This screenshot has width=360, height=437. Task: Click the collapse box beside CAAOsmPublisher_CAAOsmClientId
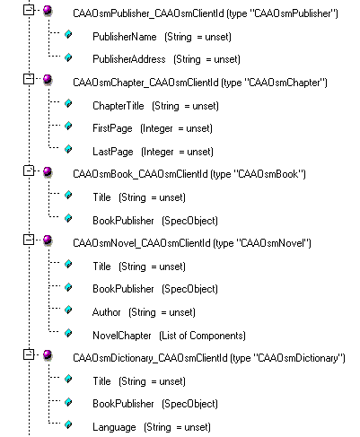(x=29, y=11)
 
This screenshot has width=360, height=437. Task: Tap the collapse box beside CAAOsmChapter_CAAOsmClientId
(x=29, y=79)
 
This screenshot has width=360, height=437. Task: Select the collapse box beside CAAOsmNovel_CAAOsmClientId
(x=29, y=240)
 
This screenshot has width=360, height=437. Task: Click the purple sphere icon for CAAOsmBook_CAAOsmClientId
(x=48, y=172)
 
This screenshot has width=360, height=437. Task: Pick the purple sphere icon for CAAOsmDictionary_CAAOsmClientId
(x=48, y=355)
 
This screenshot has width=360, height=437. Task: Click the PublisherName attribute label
(x=125, y=37)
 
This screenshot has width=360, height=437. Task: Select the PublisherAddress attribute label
(x=129, y=59)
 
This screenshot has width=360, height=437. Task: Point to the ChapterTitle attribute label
(x=119, y=106)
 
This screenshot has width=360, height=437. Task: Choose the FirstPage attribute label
(x=112, y=128)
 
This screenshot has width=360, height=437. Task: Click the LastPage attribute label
(x=113, y=152)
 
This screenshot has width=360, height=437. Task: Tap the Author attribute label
(x=106, y=312)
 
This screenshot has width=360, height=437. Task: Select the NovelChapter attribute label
(x=122, y=336)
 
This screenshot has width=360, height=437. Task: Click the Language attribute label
(x=114, y=427)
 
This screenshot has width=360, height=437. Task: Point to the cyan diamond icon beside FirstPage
(x=68, y=126)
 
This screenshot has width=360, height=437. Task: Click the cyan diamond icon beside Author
(x=68, y=310)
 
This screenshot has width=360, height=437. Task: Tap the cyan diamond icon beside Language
(x=68, y=424)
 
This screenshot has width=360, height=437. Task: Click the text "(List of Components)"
(x=202, y=336)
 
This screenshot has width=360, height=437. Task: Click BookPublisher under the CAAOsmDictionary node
(x=123, y=404)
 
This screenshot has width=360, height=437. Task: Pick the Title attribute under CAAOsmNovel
(x=101, y=267)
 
